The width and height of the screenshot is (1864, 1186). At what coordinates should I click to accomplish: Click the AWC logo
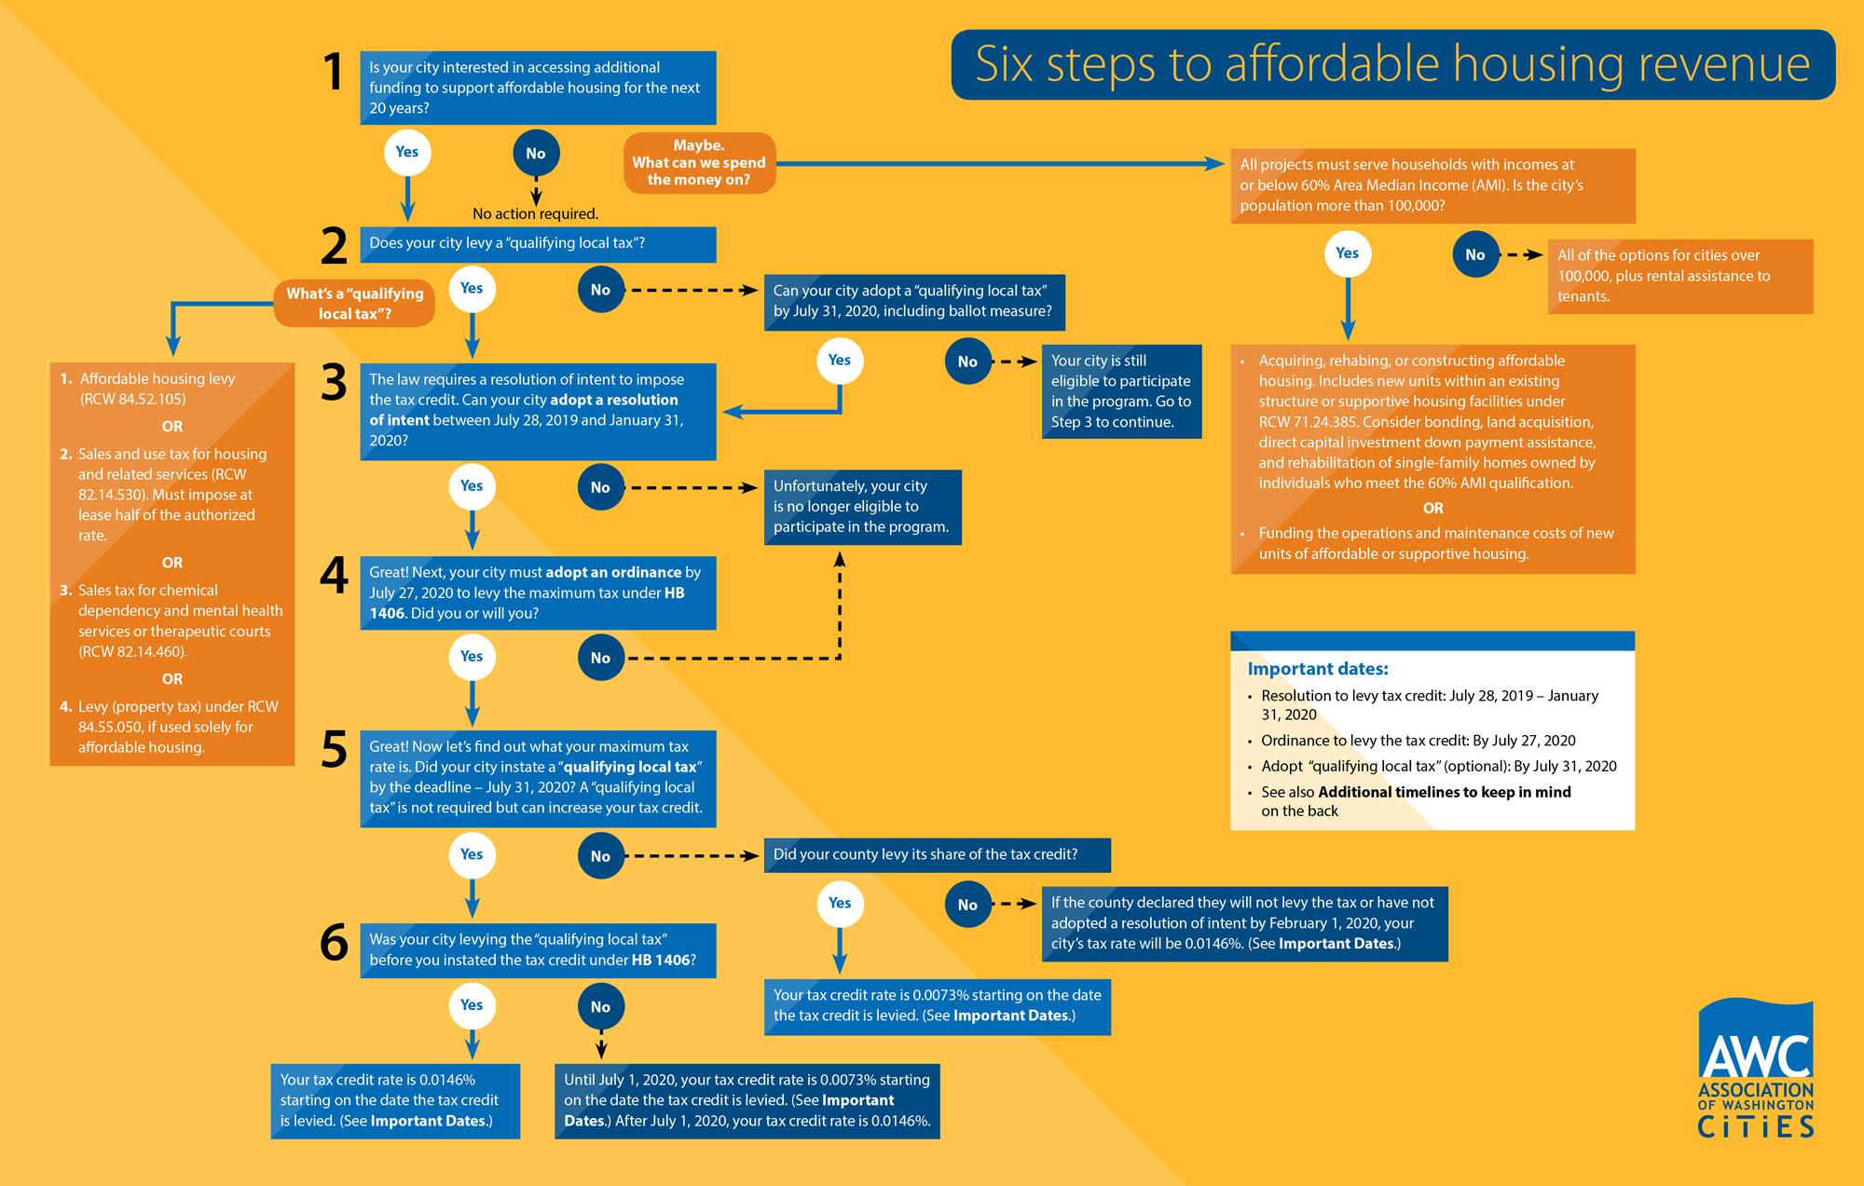coord(1756,1069)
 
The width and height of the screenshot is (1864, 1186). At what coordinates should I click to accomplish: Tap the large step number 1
coord(333,73)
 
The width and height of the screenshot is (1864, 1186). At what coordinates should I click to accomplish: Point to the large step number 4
coord(334,575)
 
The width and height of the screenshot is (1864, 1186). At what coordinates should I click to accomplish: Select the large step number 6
coord(334,942)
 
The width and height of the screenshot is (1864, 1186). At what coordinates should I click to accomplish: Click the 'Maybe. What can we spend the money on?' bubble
coord(699,163)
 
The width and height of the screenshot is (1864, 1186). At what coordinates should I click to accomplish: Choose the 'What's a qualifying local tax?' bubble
coord(354,303)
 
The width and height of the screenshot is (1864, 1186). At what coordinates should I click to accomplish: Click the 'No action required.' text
coord(535,214)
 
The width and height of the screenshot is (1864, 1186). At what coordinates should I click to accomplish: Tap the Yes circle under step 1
coord(407,153)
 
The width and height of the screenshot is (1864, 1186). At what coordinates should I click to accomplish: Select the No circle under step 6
coord(600,1006)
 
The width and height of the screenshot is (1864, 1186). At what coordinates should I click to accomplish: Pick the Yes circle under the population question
coord(1348,253)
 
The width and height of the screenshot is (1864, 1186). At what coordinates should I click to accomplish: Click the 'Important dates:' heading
coord(1318,669)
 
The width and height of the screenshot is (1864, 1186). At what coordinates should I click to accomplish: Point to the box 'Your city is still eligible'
coord(1121,391)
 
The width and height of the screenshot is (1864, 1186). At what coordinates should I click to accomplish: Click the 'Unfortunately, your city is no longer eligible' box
coord(862,507)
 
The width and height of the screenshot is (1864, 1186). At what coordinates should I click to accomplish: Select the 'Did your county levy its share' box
coord(937,855)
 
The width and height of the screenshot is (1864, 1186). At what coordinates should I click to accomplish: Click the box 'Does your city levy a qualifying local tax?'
coord(538,244)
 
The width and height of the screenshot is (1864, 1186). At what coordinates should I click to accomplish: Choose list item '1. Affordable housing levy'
coord(148,389)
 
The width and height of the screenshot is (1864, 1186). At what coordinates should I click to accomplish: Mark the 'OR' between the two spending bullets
coord(1432,509)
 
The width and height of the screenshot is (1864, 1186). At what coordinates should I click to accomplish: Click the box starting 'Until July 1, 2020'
coord(747,1101)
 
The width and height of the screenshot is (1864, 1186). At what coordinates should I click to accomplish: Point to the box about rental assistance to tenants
coord(1680,276)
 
